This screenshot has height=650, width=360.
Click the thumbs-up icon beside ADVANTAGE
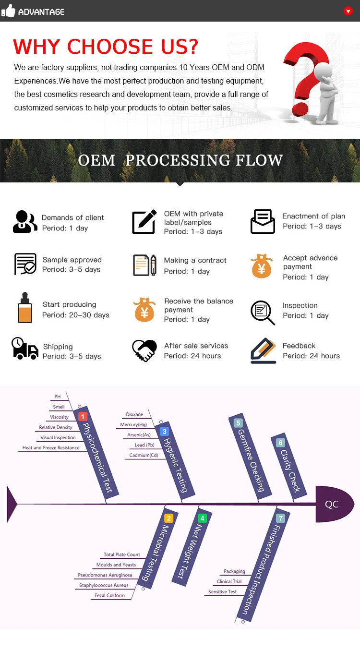tap(9, 11)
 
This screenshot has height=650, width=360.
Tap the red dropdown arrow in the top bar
tap(348, 11)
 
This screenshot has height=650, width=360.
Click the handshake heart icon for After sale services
tap(144, 351)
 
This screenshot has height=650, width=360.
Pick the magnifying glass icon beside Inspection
tap(263, 312)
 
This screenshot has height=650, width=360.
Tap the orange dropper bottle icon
tap(24, 308)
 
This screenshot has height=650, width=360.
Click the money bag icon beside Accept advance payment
tap(261, 267)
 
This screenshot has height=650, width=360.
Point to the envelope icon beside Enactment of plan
tap(263, 222)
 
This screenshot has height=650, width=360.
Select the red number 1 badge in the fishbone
tap(83, 417)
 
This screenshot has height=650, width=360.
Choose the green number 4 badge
tap(203, 518)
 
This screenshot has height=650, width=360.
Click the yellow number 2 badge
tap(168, 518)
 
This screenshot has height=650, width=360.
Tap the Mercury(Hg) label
tap(133, 425)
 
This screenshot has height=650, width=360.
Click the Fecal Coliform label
tap(109, 595)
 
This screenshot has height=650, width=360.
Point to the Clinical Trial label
tap(229, 581)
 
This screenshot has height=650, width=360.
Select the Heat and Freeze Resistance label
tap(51, 448)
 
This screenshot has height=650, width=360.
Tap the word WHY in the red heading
tap(38, 47)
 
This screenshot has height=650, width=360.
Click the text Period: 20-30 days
tap(76, 315)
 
